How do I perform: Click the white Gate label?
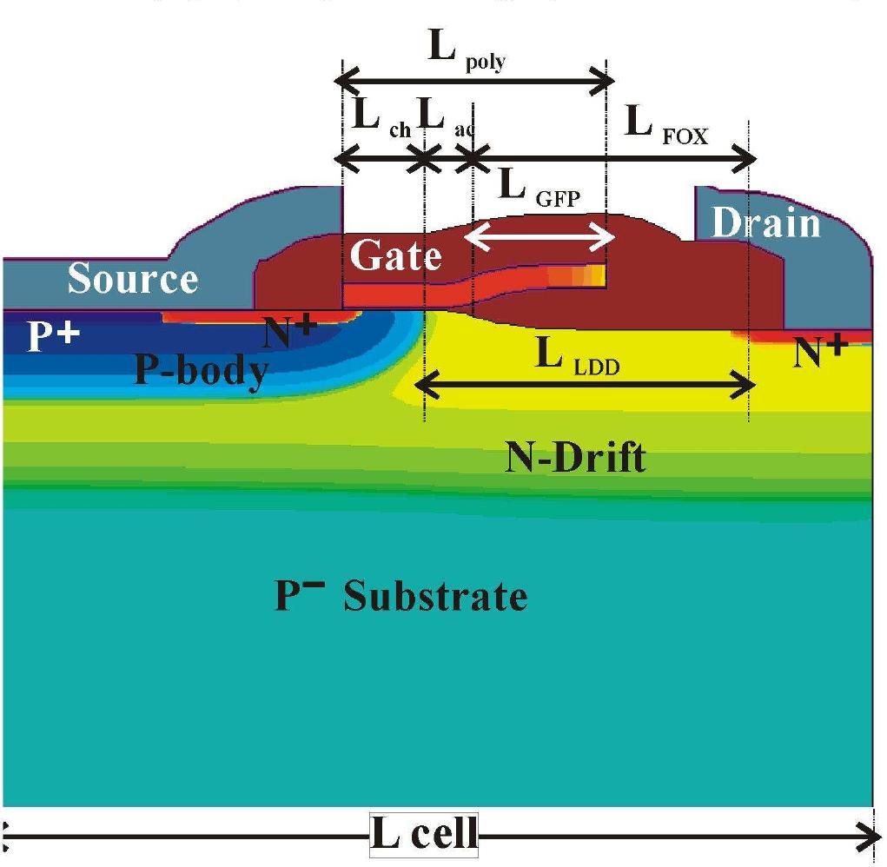click(x=396, y=255)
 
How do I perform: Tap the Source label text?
click(x=133, y=278)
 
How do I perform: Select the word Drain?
click(x=766, y=222)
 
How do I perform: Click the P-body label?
click(x=202, y=370)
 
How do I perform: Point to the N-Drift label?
click(x=575, y=457)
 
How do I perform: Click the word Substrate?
click(x=435, y=596)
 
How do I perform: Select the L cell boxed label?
click(x=424, y=834)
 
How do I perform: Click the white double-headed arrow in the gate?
click(x=539, y=236)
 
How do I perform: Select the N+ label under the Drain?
click(x=820, y=351)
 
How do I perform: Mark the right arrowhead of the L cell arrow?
click(x=870, y=836)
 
